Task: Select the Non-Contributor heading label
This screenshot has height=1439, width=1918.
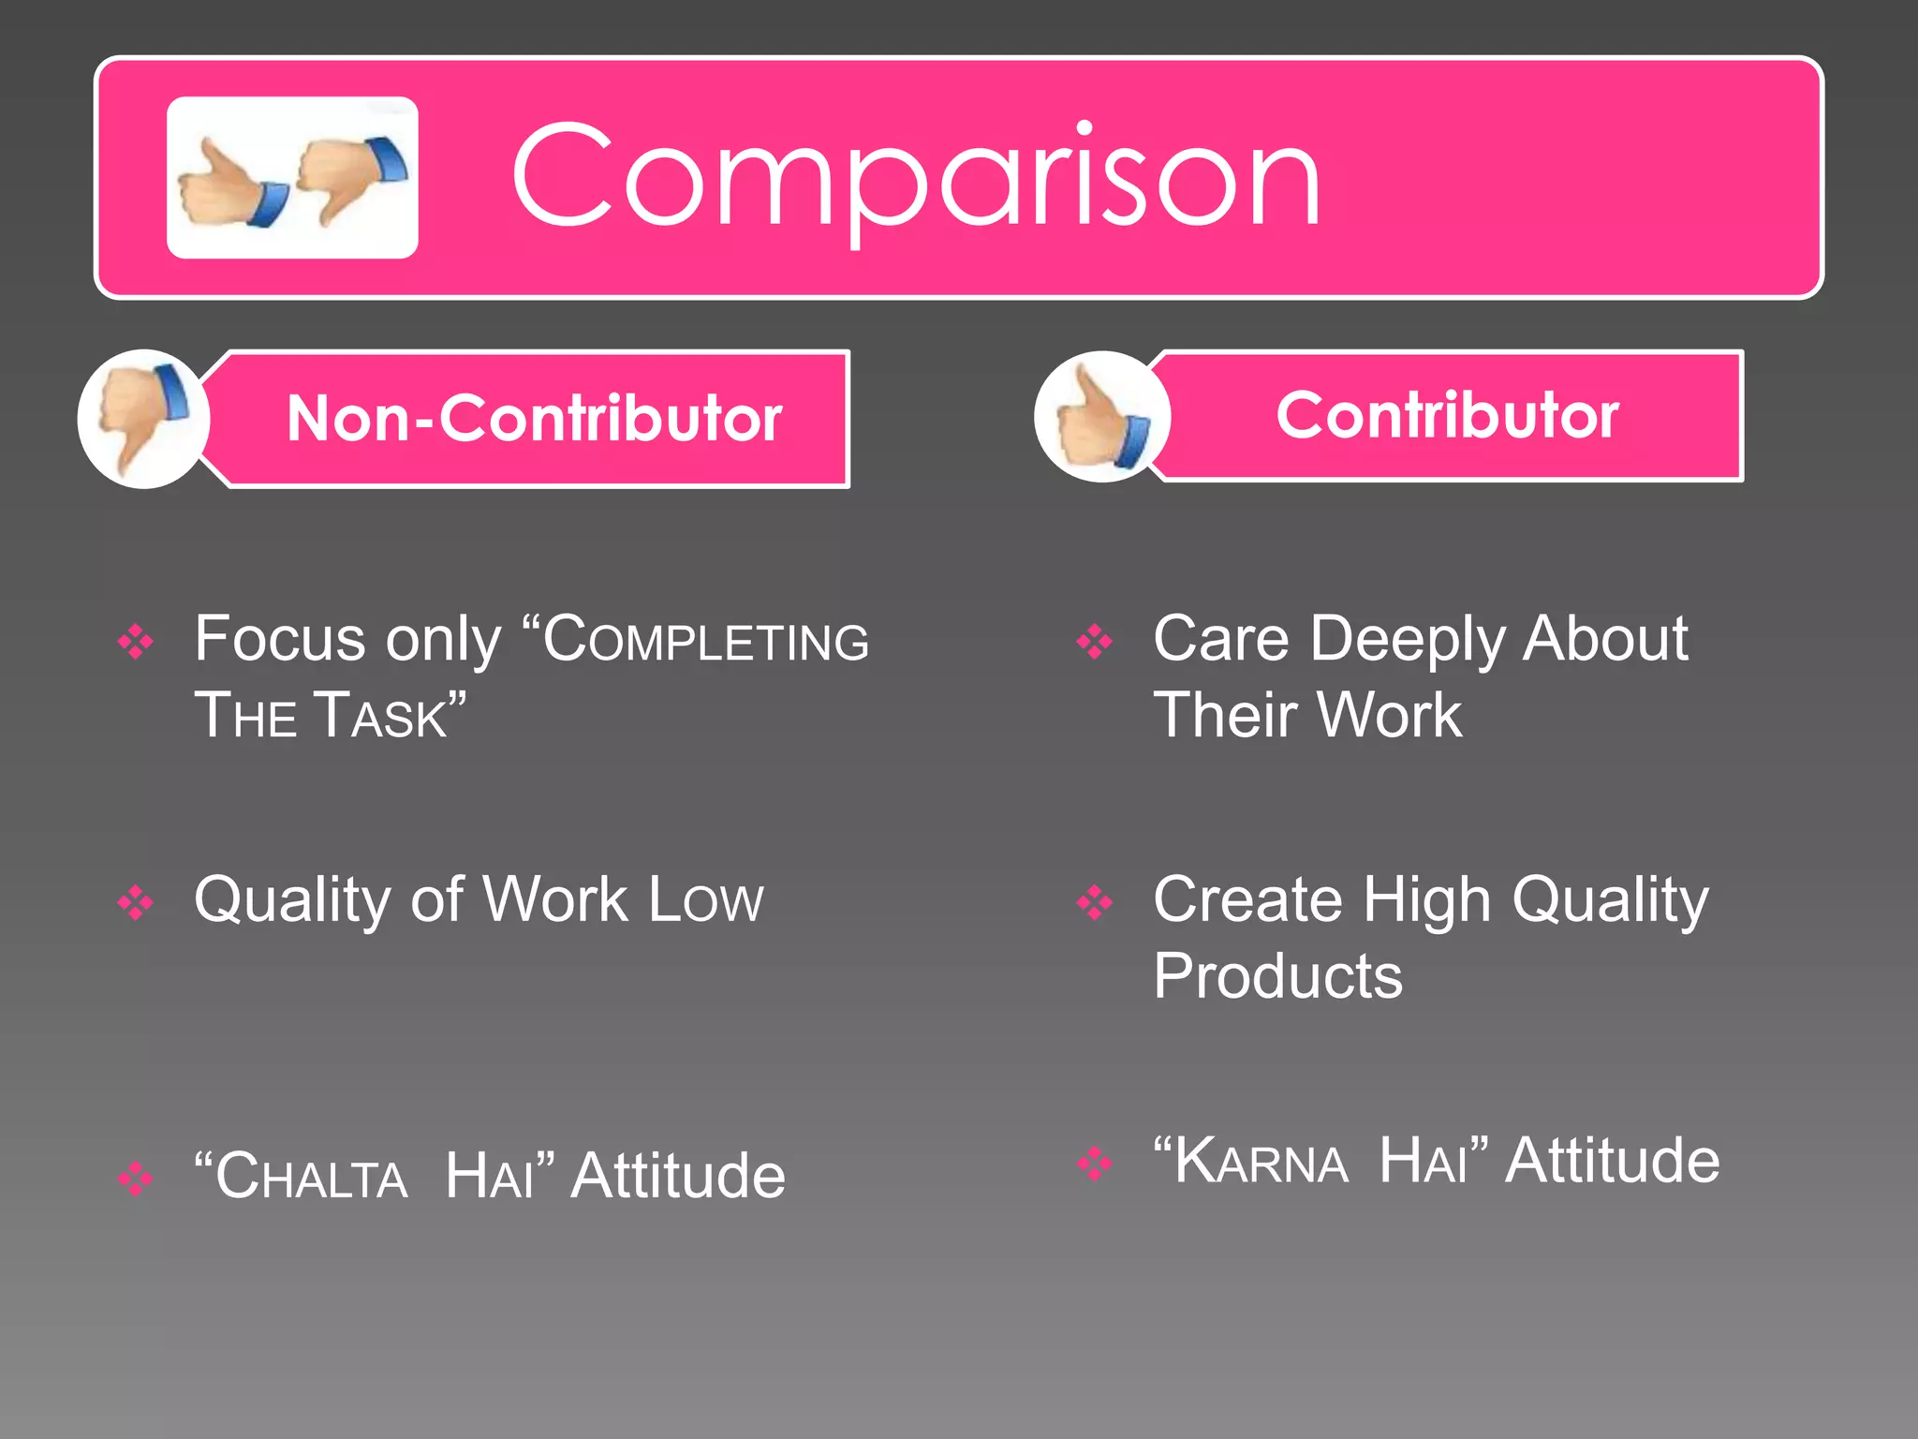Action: point(534,418)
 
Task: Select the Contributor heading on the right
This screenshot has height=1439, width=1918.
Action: point(1447,415)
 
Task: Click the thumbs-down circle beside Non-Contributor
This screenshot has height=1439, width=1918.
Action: point(143,419)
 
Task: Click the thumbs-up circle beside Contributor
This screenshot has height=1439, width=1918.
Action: point(1101,417)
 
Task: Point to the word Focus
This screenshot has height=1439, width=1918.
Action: point(279,640)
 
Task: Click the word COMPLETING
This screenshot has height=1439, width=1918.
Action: point(705,640)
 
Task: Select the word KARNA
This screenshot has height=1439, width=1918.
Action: point(1261,1162)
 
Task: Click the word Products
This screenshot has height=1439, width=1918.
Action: point(1277,976)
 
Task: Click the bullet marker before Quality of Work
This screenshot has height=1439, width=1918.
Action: point(136,902)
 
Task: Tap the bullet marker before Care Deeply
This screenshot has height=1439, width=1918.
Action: point(1094,642)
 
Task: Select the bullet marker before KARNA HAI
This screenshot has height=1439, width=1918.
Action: point(1094,1163)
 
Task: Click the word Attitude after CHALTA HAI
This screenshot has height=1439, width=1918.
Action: point(678,1176)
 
